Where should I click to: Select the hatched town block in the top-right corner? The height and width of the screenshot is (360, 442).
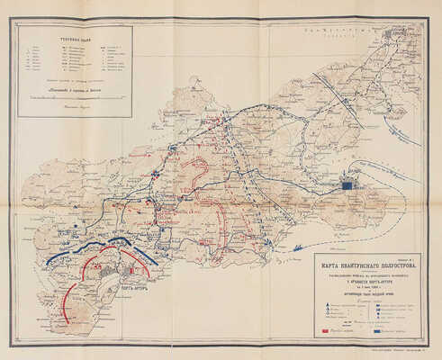[393, 36]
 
